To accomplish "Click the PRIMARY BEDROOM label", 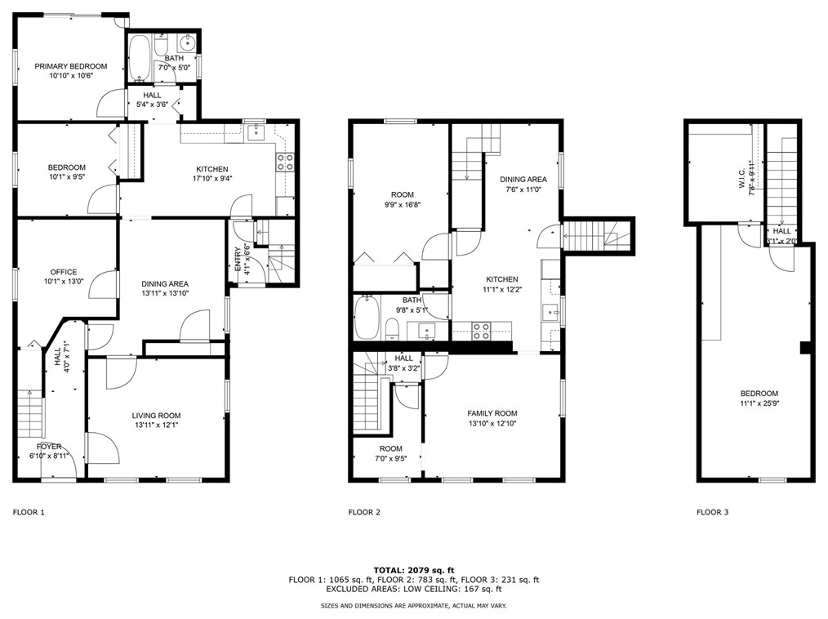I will pos(70,66).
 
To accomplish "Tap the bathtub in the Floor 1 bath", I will pos(140,57).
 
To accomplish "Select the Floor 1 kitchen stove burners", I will pos(286,162).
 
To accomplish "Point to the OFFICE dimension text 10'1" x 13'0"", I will pos(63,282).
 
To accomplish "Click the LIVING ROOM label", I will pos(156,415).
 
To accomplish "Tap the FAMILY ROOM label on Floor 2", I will pos(492,413).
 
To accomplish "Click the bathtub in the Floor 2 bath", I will pos(366,318).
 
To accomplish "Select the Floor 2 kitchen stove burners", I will pos(482,330).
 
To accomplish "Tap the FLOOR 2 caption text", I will pos(364,513).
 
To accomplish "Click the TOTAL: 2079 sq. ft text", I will pos(413,570).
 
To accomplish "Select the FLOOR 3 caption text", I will pos(712,513).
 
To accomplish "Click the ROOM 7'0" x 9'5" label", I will pos(390,454).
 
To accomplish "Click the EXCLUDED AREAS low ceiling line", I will pos(413,589).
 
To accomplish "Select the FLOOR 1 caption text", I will pos(29,513).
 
